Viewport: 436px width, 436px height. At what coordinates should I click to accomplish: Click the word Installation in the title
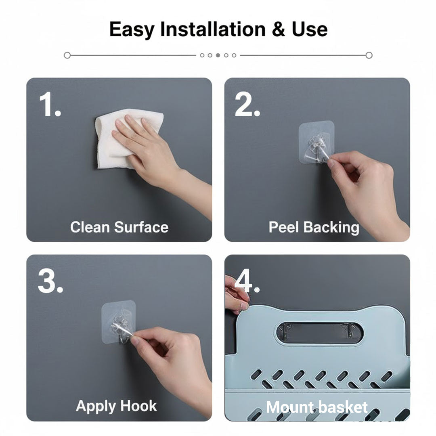(213, 29)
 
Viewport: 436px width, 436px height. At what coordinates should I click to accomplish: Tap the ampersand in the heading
(279, 29)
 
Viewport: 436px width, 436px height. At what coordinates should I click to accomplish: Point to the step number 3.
(50, 281)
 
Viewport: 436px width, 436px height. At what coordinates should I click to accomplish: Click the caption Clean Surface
(119, 227)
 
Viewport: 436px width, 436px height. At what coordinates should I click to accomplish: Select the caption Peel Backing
(314, 227)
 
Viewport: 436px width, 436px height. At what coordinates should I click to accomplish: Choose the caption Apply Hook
(116, 406)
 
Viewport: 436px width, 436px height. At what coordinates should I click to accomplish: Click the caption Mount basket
(317, 407)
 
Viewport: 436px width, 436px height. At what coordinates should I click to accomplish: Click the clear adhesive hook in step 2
(317, 143)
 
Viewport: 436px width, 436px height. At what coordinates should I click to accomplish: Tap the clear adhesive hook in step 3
(118, 323)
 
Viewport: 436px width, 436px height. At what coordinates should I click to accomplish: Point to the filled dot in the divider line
(218, 55)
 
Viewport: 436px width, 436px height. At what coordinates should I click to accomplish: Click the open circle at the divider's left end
(67, 55)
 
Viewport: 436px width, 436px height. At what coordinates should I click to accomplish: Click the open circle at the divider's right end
(369, 55)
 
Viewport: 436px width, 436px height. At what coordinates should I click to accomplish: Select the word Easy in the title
(131, 29)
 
